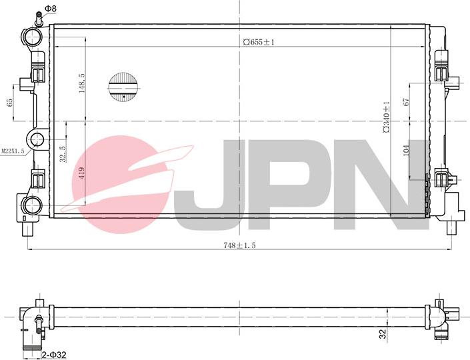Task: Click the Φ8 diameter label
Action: (51, 8)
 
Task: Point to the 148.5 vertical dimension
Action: (82, 83)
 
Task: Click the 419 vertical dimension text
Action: (82, 174)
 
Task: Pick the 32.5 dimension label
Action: (63, 155)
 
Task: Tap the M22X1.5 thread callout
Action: (13, 151)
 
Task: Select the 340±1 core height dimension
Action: (386, 117)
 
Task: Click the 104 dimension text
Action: (405, 150)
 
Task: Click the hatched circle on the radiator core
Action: (123, 87)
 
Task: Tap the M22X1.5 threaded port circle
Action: (36, 140)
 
